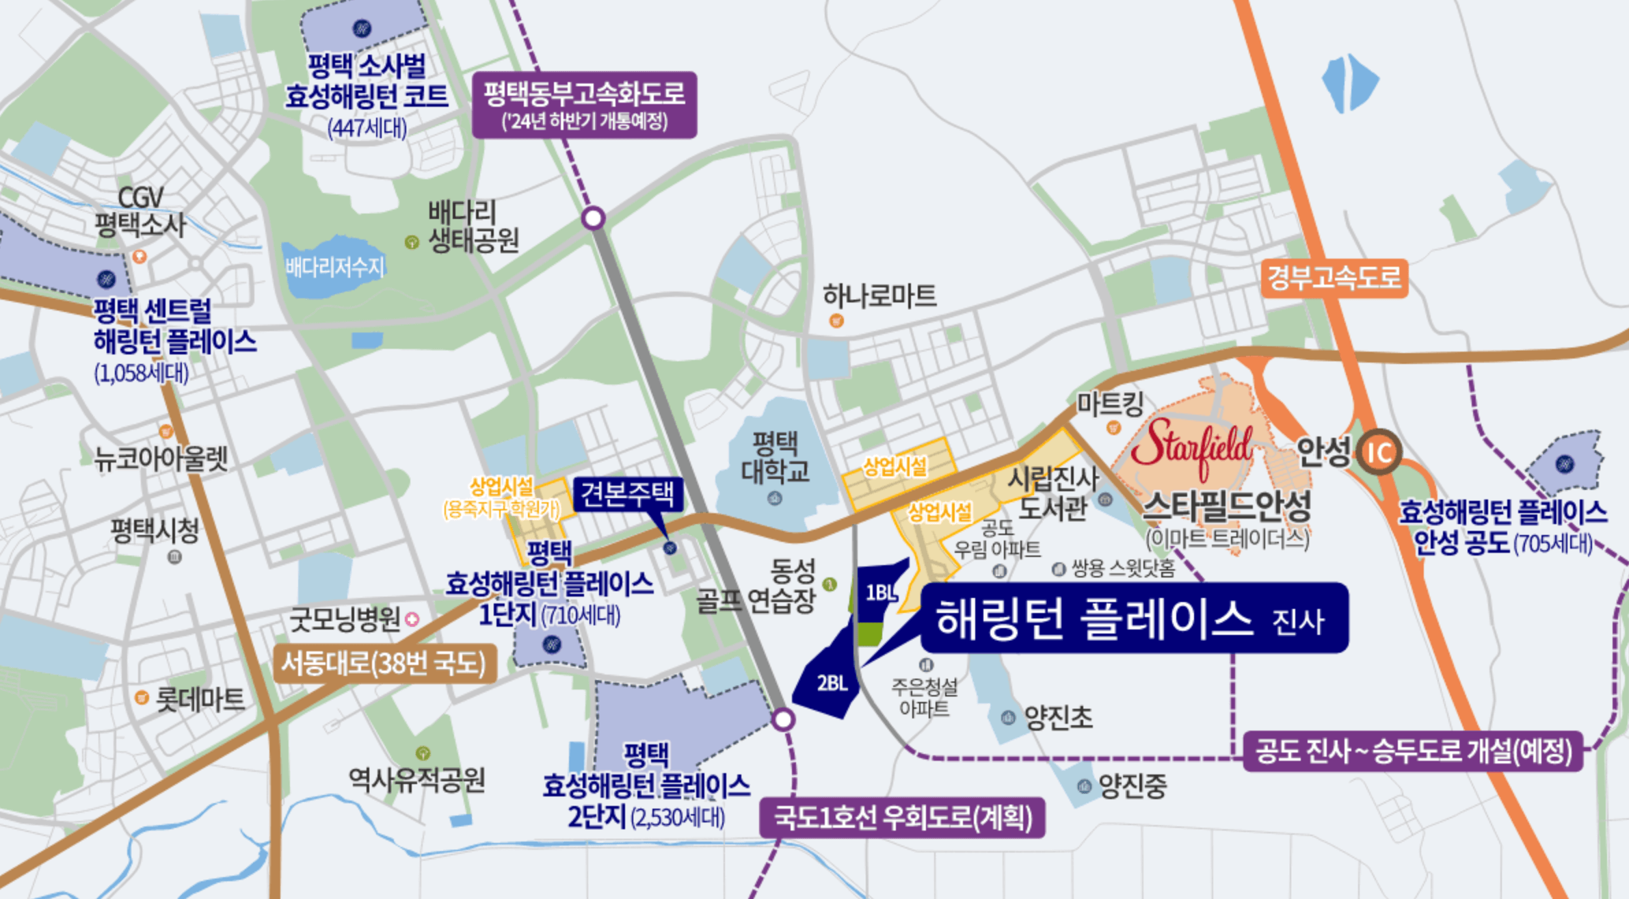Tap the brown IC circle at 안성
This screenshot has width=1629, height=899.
coord(1378,452)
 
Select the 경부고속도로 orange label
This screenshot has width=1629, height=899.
coord(1334,278)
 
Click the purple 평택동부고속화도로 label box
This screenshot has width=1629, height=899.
coord(584,105)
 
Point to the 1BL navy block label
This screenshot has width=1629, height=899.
coord(880,592)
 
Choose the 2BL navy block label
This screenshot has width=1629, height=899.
coord(832,683)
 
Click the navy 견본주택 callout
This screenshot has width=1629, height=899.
coord(627,494)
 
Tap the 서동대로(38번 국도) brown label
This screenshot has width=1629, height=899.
coord(384,663)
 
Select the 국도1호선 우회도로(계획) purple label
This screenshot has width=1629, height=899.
coord(902,818)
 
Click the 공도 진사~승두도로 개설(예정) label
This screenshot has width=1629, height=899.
coord(1412,751)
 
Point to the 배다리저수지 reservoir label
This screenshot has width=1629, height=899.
coord(335,267)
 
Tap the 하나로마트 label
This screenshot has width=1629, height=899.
coord(879,296)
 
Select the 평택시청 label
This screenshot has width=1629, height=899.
coord(155,530)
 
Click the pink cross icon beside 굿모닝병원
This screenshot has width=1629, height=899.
coord(412,619)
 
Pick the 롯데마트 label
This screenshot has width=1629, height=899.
coord(200,699)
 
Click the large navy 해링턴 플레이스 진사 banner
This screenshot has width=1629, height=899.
coord(1134,618)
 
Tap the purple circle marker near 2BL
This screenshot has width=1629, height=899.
coord(783,719)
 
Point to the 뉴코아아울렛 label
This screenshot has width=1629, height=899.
coord(161,459)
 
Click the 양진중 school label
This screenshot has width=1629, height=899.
coord(1132,786)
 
